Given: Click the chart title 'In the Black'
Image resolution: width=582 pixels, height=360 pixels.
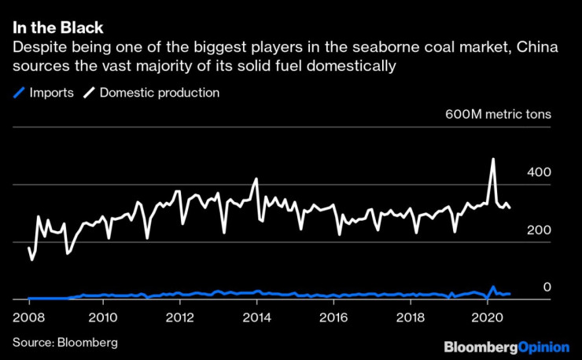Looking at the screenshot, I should pyautogui.click(x=58, y=28).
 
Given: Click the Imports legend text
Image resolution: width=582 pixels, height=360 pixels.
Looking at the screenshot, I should pyautogui.click(x=51, y=93).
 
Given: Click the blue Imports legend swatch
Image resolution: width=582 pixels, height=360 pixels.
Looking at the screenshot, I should pyautogui.click(x=19, y=93).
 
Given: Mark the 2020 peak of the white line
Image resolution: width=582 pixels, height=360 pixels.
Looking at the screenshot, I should pyautogui.click(x=493, y=160).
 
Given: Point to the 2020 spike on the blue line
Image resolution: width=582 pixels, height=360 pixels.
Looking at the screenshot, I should pyautogui.click(x=493, y=287).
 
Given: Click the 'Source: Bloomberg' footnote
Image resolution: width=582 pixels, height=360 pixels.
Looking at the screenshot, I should pyautogui.click(x=64, y=343).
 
